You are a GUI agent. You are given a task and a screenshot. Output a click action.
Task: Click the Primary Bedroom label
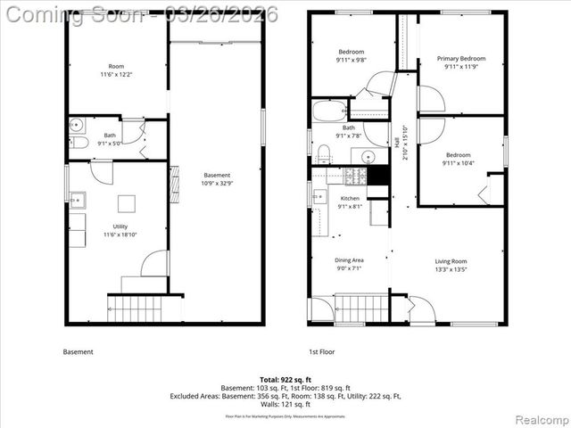459,59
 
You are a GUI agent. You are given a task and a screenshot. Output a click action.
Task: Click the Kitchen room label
350,198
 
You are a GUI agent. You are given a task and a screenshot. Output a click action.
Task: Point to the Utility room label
116,227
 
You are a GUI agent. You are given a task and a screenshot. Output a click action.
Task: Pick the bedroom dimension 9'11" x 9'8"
352,61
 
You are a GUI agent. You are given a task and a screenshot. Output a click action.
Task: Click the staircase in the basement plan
137,309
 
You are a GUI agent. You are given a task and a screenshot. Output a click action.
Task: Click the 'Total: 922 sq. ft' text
285,381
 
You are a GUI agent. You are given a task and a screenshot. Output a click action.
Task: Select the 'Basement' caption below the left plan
78,351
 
